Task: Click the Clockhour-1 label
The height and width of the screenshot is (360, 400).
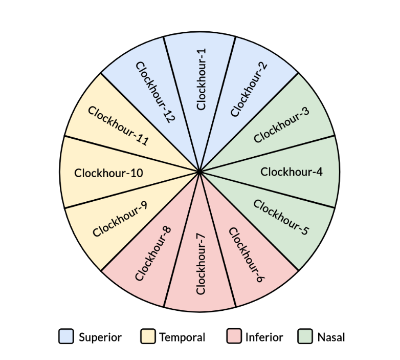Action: (x=201, y=80)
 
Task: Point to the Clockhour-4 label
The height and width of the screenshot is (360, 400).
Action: (x=292, y=172)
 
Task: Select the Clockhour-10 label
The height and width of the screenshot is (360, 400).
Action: (x=108, y=173)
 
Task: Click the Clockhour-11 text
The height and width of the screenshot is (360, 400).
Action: (x=118, y=126)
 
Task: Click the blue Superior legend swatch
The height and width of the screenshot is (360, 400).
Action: (x=66, y=337)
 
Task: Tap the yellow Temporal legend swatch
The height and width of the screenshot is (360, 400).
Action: (x=147, y=337)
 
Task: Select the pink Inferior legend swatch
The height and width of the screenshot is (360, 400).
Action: (x=233, y=337)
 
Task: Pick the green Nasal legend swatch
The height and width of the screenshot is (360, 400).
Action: (x=305, y=337)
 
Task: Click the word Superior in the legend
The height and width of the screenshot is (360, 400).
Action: (x=100, y=337)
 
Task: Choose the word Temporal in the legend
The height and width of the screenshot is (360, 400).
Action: (x=182, y=337)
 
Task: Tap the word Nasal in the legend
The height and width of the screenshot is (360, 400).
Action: (x=331, y=337)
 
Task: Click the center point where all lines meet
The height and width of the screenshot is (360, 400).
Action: (x=199, y=172)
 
